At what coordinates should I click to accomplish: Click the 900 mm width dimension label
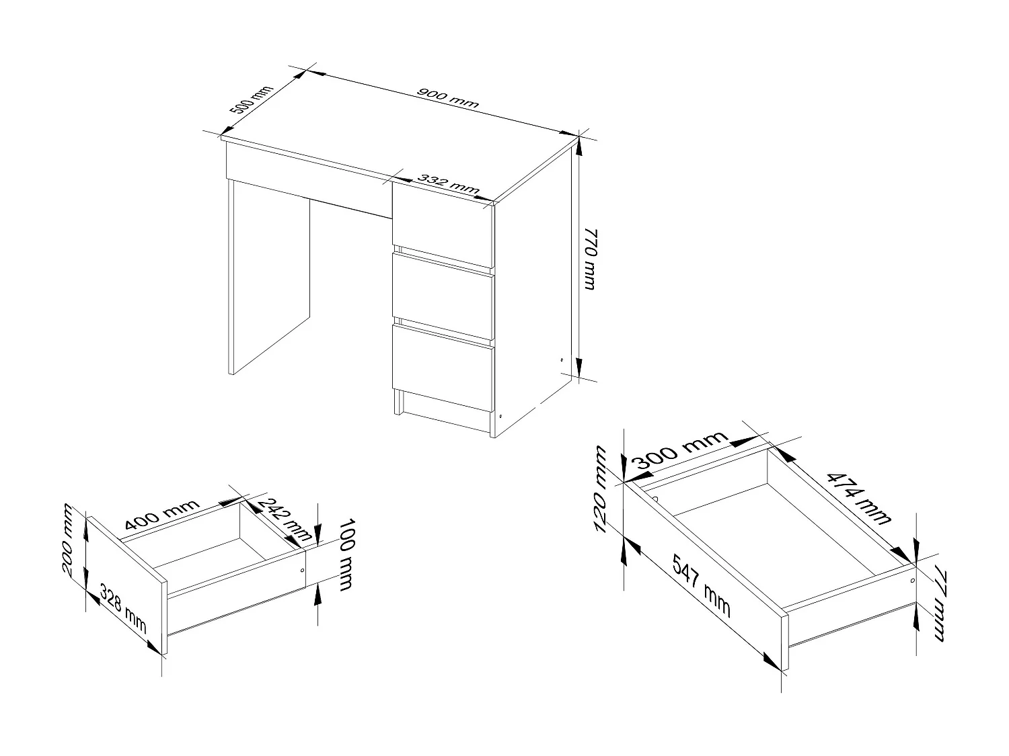coord(447,98)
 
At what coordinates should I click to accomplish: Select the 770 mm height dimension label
coord(587,259)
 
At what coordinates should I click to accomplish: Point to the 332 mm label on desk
coord(448,184)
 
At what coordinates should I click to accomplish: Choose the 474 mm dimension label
coord(858,498)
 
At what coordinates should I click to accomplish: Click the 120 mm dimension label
coord(601,489)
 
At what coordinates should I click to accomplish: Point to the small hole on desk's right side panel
coord(562,360)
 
